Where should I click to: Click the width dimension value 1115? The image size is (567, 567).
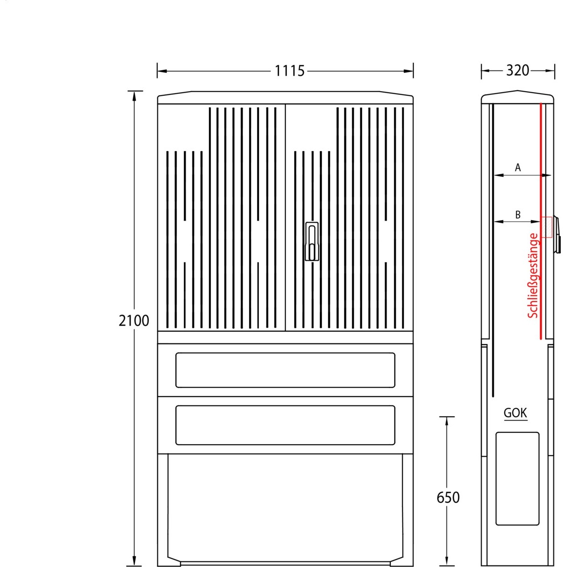pyautogui.click(x=290, y=71)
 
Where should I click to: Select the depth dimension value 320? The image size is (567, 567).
pyautogui.click(x=517, y=70)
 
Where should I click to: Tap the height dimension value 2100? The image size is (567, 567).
pyautogui.click(x=134, y=321)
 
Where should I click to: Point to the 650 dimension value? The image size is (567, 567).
pyautogui.click(x=448, y=498)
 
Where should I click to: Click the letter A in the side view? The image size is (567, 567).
pyautogui.click(x=518, y=168)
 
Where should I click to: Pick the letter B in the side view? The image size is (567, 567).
pyautogui.click(x=518, y=215)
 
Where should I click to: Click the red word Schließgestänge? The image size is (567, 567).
pyautogui.click(x=533, y=275)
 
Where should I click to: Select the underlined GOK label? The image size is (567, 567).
pyautogui.click(x=515, y=413)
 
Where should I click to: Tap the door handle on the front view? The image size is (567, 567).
pyautogui.click(x=312, y=241)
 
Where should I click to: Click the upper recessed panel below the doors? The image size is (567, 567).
pyautogui.click(x=285, y=370)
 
